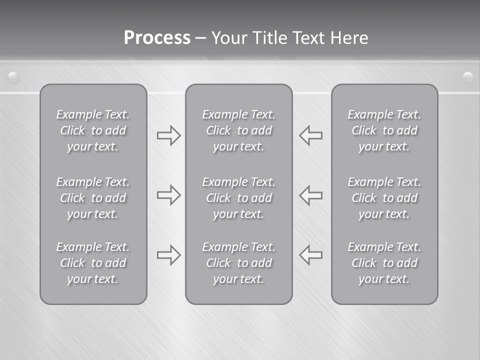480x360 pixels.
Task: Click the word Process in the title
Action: (x=157, y=38)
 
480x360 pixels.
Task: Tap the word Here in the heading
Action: (x=349, y=38)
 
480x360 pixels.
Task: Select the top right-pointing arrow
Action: (x=168, y=135)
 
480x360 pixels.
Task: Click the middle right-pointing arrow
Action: (x=168, y=195)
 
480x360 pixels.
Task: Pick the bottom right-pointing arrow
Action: (x=168, y=255)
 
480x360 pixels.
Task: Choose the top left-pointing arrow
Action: (x=311, y=135)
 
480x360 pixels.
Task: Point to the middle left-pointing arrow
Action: (x=311, y=195)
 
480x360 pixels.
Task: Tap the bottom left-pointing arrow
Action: (x=311, y=255)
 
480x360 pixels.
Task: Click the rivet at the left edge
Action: (x=13, y=76)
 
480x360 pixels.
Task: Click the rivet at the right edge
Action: (x=467, y=76)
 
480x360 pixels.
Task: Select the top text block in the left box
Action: (x=93, y=130)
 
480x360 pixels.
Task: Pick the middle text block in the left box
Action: (x=93, y=198)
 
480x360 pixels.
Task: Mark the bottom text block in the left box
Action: (x=93, y=263)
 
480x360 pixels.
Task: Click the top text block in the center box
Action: (x=238, y=130)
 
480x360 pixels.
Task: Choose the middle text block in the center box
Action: (x=238, y=198)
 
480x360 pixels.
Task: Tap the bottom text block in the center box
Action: (x=238, y=263)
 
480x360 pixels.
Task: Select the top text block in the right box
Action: (x=384, y=130)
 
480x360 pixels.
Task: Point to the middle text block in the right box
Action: (x=384, y=198)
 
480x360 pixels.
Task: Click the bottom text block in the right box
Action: (x=384, y=263)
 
